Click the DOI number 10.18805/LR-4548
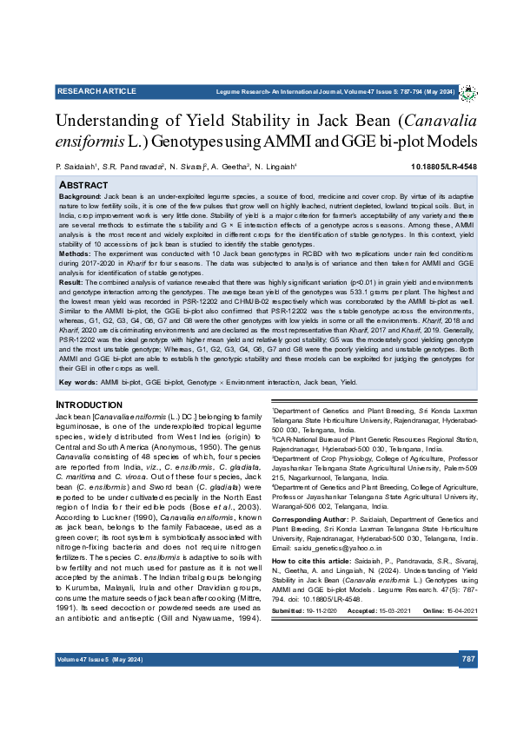444,166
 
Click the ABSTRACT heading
83,186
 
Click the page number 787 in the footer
467,660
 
